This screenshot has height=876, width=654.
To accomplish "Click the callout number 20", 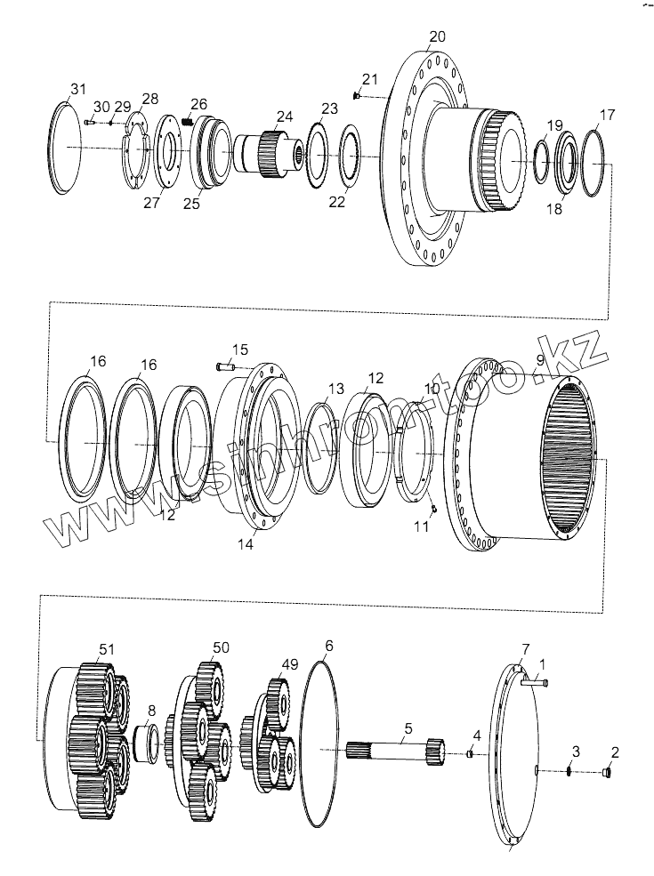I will click(x=437, y=36).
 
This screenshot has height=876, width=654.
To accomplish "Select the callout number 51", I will click(x=107, y=650).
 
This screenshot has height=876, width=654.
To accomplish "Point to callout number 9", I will click(x=539, y=359).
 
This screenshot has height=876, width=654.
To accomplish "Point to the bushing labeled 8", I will click(x=146, y=743).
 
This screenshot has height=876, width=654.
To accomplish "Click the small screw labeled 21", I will click(x=357, y=96).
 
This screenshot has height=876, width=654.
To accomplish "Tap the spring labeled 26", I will click(x=188, y=121).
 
